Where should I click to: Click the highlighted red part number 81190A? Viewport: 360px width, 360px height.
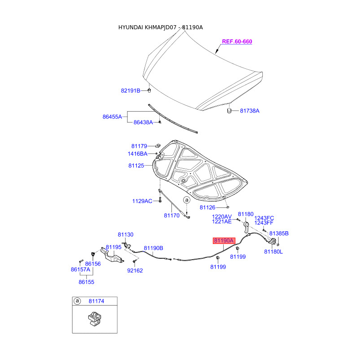224,241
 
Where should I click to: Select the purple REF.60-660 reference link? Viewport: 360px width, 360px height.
237,41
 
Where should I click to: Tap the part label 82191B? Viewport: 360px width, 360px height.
130,90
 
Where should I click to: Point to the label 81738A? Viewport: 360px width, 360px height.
250,110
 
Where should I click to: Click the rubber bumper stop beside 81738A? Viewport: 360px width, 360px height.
229,110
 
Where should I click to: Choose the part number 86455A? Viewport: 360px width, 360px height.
112,117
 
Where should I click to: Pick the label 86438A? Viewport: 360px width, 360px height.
143,122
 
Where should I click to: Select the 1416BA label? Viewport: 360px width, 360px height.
137,154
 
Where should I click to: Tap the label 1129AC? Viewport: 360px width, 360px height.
142,201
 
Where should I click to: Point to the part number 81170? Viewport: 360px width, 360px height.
171,216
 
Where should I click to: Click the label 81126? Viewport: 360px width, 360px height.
207,207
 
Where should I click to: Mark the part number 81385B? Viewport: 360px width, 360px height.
279,234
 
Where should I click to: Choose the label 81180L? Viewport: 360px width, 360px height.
273,252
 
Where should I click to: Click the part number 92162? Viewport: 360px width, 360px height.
135,270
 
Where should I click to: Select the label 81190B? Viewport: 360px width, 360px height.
153,248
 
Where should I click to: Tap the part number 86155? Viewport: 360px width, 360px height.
86,282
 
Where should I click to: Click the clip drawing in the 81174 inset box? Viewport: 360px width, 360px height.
94,319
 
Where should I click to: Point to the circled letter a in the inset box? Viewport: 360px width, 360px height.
76,301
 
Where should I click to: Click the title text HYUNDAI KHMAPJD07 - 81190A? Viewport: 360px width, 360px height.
160,27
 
